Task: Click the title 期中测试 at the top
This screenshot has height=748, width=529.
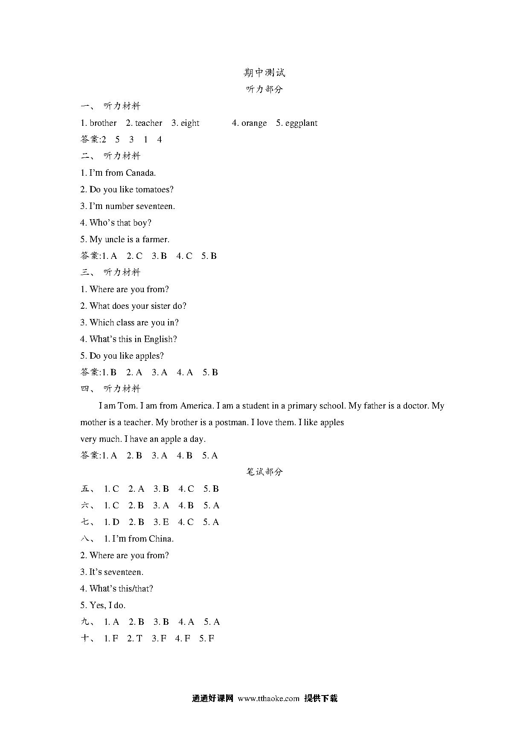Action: coord(264,72)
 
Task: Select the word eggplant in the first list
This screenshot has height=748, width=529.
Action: coord(301,123)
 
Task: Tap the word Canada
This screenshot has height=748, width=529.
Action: coord(141,173)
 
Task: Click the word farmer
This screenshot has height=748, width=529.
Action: coord(156,240)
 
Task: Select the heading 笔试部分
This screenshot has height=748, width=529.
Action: coord(264,472)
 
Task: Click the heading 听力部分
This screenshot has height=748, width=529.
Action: coord(264,89)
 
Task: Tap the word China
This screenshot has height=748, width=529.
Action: coord(161,539)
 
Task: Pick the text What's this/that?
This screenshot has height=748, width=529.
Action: coord(121,589)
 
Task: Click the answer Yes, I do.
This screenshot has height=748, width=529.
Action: coord(108,606)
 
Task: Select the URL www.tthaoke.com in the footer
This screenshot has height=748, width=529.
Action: coord(268,699)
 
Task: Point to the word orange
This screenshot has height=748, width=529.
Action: coord(254,123)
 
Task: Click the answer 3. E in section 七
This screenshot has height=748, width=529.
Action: coord(161,522)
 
